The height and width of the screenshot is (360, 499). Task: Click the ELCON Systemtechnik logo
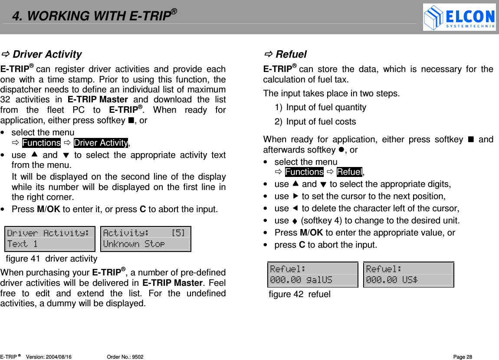(459, 17)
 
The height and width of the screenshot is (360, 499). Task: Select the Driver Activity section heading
(46, 54)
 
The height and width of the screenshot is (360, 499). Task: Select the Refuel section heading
(291, 54)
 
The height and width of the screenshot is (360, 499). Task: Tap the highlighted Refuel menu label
(349, 172)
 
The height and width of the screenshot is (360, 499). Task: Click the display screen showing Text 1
(49, 239)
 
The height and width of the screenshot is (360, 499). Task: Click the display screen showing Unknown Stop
(145, 239)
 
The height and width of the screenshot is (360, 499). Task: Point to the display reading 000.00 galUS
(312, 275)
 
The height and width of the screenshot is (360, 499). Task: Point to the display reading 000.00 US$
(408, 275)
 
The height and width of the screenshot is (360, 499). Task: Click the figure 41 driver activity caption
(52, 259)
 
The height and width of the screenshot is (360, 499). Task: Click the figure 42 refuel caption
(299, 295)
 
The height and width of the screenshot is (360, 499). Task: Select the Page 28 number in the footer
(463, 357)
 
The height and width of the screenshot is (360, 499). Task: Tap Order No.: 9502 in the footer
(125, 357)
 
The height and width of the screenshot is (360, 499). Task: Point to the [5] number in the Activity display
(178, 233)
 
